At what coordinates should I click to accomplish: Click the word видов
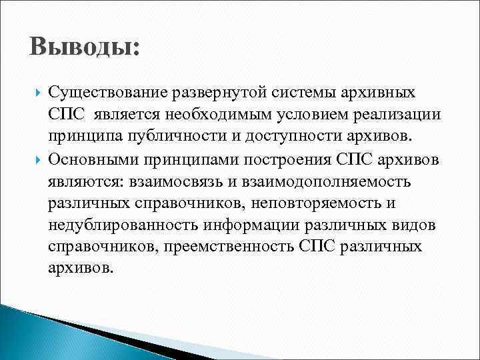pos(416,227)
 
